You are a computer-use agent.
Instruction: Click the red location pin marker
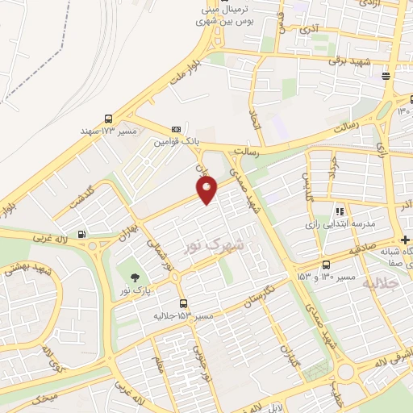[207, 189]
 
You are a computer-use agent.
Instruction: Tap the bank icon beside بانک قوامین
[176, 129]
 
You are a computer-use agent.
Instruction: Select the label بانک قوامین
[177, 141]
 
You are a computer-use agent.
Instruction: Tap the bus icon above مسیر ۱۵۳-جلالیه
[185, 304]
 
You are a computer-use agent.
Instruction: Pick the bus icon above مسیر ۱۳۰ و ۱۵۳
[326, 265]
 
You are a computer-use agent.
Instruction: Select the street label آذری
[310, 30]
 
